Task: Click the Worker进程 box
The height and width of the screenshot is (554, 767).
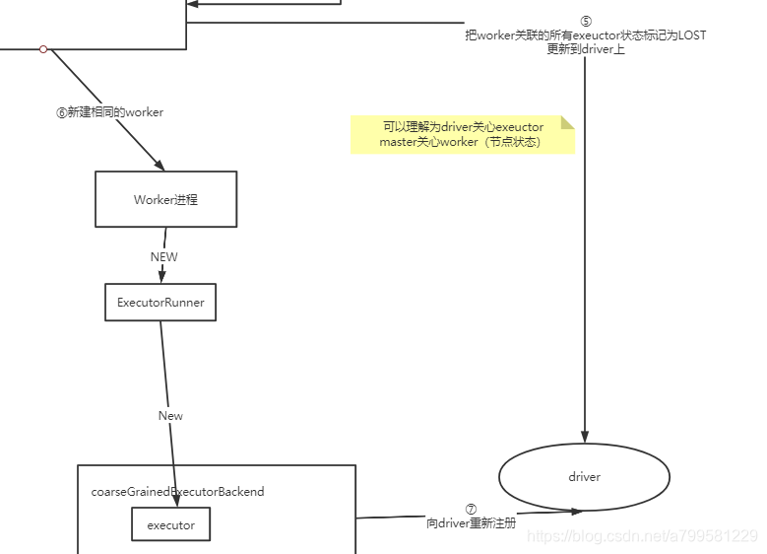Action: click(x=165, y=199)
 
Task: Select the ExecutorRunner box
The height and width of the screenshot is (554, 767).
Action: click(x=160, y=303)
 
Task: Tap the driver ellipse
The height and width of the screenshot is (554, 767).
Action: click(x=584, y=477)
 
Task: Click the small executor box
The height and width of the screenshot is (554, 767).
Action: click(x=170, y=525)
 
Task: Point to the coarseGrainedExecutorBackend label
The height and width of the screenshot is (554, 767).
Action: click(x=177, y=491)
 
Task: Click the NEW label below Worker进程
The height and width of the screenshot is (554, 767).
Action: click(x=163, y=256)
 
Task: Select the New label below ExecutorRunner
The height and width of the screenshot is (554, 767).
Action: click(x=170, y=416)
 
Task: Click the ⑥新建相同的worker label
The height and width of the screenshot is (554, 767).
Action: click(x=109, y=112)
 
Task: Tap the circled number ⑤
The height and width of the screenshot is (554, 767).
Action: click(x=586, y=22)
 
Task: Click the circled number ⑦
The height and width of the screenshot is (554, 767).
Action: click(x=471, y=510)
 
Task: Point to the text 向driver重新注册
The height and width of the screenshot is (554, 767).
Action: click(x=471, y=523)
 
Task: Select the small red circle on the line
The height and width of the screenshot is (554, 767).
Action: click(x=43, y=48)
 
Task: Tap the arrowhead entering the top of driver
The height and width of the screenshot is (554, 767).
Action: click(x=586, y=437)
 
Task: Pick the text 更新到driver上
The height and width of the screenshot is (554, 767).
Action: click(x=586, y=48)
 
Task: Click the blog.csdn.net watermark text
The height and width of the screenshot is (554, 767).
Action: click(x=642, y=536)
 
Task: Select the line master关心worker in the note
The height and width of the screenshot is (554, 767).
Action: click(x=461, y=142)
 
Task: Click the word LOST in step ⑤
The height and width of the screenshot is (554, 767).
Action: click(x=692, y=35)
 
